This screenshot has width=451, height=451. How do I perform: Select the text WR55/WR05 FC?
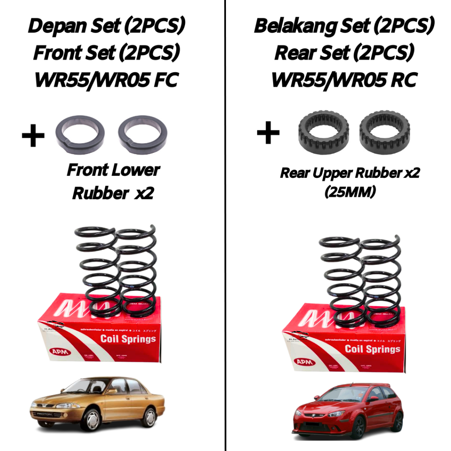coord(106,80)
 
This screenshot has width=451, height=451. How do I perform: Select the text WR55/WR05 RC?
coord(344,80)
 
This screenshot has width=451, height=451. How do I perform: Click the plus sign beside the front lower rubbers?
coord(33,136)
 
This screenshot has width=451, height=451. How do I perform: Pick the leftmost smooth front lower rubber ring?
coord(80,134)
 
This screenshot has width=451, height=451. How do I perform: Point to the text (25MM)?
coord(350,192)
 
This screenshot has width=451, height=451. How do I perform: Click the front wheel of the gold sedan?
coord(91,419)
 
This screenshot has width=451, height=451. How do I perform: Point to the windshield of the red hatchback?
coord(339,395)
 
